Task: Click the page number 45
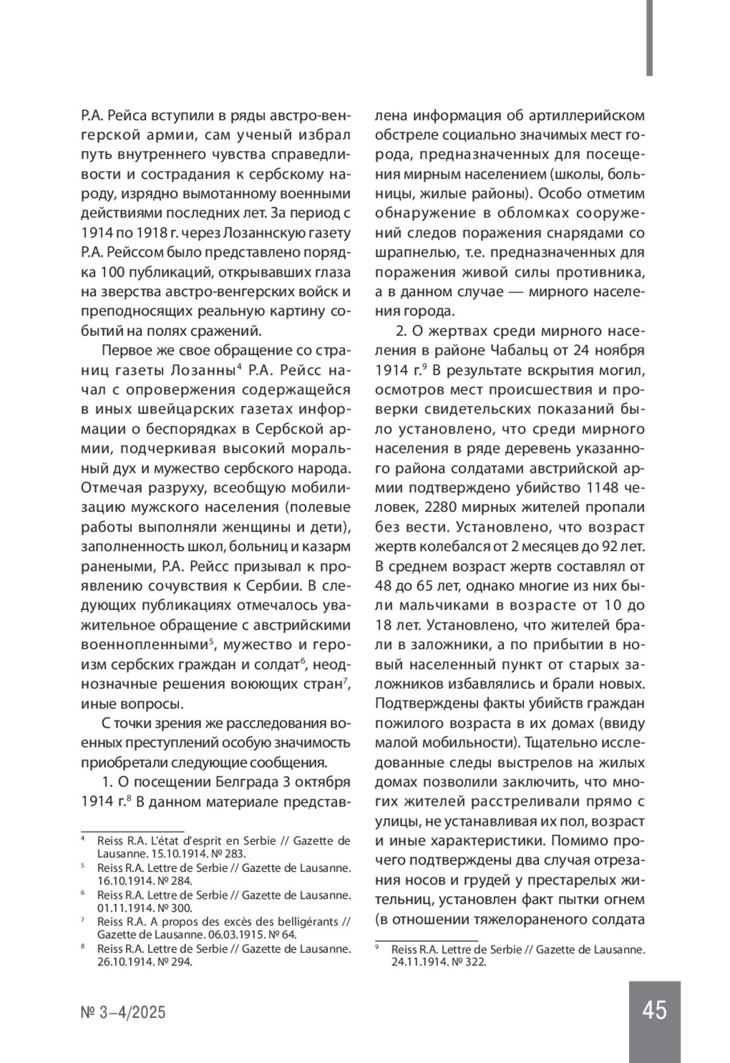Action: point(654,1010)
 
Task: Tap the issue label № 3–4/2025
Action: point(123,1012)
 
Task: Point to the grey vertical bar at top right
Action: point(649,38)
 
